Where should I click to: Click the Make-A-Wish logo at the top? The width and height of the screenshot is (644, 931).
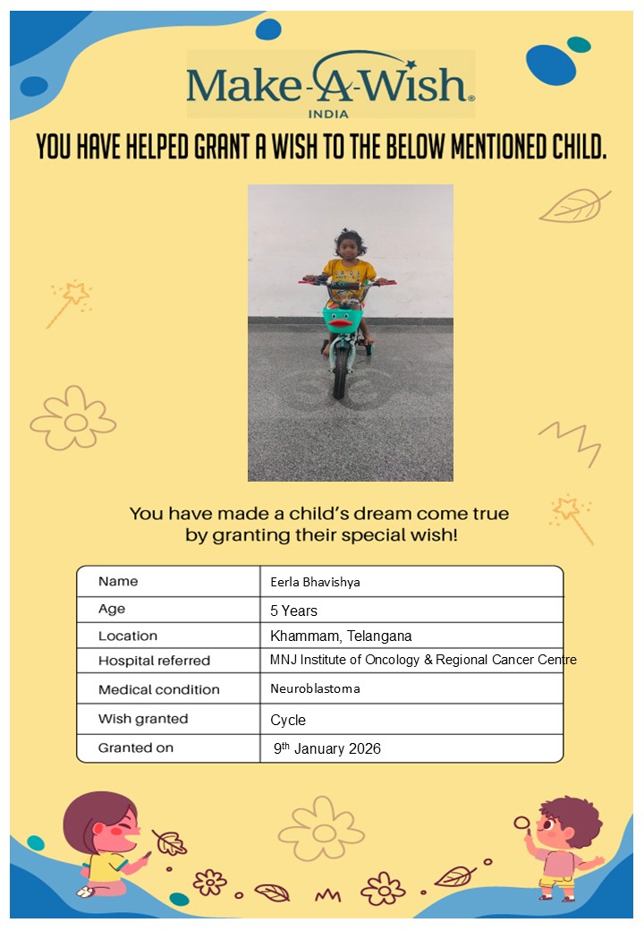(330, 83)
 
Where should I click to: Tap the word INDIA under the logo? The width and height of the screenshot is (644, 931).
(328, 114)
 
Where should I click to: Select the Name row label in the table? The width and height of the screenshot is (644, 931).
(118, 581)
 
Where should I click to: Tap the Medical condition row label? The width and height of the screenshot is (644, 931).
(158, 689)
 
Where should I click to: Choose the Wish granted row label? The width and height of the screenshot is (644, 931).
(143, 719)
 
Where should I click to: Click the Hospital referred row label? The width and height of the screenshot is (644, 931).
(154, 661)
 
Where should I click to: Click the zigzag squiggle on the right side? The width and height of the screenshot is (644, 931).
(569, 440)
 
